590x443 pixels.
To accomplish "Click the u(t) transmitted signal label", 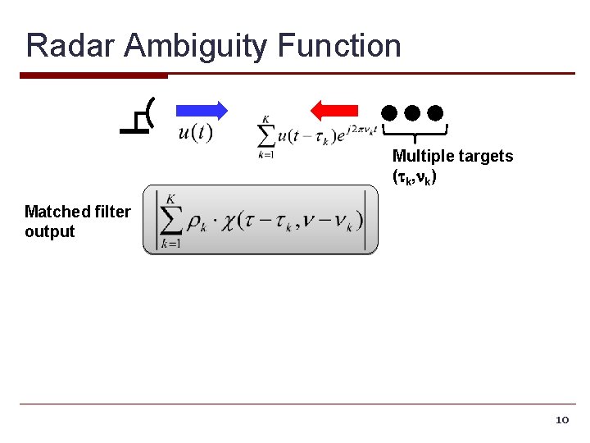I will click(x=195, y=132).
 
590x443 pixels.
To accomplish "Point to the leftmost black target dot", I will click(x=388, y=112).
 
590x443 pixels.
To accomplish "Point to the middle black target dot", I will click(x=412, y=112).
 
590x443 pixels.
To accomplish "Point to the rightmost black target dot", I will click(x=435, y=112).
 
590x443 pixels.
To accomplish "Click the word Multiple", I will click(x=422, y=156).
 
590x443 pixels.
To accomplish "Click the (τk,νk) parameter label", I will click(x=415, y=176).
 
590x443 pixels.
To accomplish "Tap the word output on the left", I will click(x=49, y=231).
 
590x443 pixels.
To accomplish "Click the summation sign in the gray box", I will click(x=170, y=220).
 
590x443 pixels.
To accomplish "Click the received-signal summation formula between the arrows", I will click(x=315, y=136).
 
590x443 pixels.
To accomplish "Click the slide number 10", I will click(x=561, y=420).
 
